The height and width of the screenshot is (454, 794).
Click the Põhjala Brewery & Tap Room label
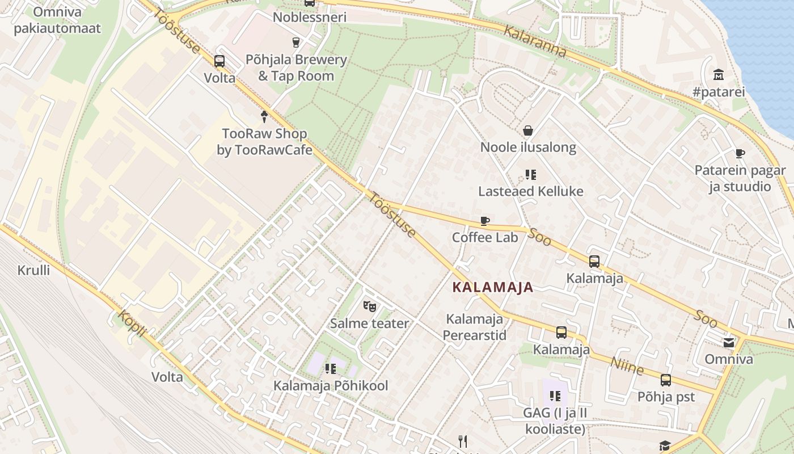(x=295, y=68)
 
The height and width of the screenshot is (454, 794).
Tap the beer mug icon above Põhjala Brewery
(x=295, y=42)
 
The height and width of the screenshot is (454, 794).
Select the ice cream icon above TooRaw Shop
(x=264, y=116)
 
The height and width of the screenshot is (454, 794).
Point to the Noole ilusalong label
(x=528, y=148)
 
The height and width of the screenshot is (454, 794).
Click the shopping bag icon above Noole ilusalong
(x=528, y=131)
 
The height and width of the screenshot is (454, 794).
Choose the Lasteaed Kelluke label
(x=530, y=191)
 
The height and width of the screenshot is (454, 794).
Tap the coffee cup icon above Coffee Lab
(x=485, y=221)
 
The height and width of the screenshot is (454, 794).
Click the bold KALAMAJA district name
(x=493, y=288)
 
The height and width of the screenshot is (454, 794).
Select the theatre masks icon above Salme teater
(x=369, y=307)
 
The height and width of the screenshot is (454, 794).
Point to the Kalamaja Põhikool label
(x=331, y=386)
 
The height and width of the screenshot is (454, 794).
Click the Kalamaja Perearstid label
(x=474, y=327)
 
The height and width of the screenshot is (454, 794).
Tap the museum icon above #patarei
(x=719, y=75)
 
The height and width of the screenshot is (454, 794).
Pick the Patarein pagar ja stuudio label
(x=740, y=178)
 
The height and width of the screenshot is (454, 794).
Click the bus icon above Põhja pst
(x=666, y=380)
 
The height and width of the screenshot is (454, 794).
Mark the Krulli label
(x=33, y=270)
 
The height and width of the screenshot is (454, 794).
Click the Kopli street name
(x=133, y=324)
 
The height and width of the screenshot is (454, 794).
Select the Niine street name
(x=627, y=365)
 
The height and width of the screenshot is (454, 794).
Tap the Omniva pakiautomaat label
(x=57, y=20)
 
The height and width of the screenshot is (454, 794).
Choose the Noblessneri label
(x=309, y=17)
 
